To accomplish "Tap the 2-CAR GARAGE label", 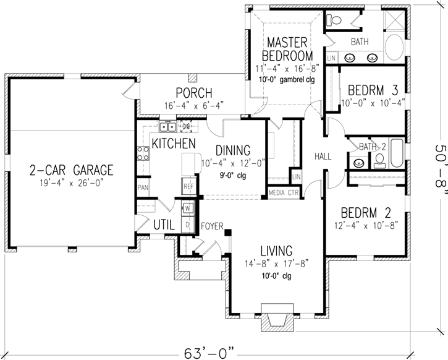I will pos(72,169).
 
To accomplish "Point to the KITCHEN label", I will pos(174,144).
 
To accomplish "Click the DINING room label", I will pos(233,150).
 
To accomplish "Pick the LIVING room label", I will pos(276,251).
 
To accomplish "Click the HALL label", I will pos(324,156).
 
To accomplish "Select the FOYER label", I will pos(212,226).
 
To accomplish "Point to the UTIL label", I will pos(163,223).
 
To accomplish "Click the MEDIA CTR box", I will pos(284,193).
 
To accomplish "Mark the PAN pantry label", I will pos(142,187).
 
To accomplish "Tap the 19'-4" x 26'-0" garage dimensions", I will pos(72,183).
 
